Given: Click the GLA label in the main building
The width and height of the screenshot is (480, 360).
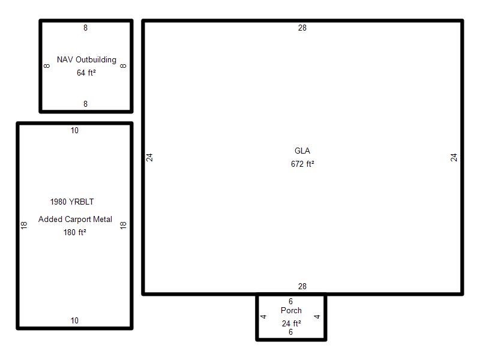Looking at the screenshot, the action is (302, 151).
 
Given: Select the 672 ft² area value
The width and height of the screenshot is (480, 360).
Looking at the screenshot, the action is (302, 164).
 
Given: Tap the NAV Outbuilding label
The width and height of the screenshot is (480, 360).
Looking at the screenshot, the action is (86, 59).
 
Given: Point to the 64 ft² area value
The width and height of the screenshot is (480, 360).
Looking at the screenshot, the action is (86, 73).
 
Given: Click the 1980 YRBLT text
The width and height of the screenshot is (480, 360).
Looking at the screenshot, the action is (72, 202).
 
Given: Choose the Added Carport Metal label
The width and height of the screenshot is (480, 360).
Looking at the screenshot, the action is (75, 219).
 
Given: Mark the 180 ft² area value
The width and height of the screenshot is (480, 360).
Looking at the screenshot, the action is (74, 232).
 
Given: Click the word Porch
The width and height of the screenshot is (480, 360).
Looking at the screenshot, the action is (291, 310).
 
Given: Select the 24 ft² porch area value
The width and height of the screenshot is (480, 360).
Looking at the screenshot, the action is (292, 323).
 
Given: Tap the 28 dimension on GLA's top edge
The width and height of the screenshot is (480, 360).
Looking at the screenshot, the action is (302, 28).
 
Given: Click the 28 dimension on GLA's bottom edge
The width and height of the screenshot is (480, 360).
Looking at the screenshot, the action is (302, 286).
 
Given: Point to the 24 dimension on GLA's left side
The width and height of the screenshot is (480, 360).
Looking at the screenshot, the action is (149, 157).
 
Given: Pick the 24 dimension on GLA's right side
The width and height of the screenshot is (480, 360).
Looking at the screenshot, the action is (454, 157).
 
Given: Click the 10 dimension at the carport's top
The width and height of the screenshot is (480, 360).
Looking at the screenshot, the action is (74, 130).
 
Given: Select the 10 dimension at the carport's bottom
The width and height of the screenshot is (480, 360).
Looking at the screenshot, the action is (74, 320).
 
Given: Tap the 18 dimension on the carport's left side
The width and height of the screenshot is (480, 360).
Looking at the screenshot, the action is (24, 226).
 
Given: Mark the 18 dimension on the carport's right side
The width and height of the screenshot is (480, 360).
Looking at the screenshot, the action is (123, 226).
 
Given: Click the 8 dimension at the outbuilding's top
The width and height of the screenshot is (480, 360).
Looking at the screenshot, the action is (85, 28).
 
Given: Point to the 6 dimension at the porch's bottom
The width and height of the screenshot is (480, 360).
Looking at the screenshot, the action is (290, 332).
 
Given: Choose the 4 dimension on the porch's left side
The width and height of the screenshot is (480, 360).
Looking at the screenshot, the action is (263, 317).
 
